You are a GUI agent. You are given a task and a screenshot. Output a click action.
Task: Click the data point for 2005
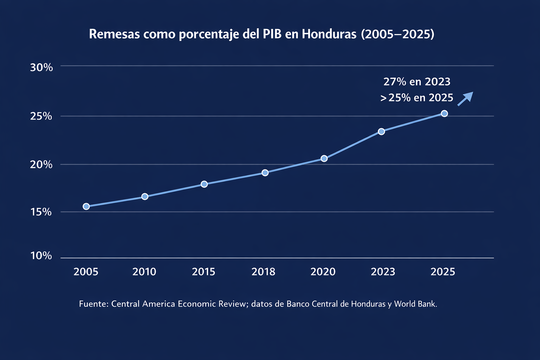coord(86,206)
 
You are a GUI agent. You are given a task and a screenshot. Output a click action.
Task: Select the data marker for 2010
coord(145,197)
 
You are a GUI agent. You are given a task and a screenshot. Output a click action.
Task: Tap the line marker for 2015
coord(204,184)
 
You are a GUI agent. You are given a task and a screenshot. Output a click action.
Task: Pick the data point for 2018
coord(265,173)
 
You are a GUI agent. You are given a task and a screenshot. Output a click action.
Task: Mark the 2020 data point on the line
coord(324,159)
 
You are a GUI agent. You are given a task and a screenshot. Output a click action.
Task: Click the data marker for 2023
coord(381,131)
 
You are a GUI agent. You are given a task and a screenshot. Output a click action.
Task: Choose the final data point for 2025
coord(444,114)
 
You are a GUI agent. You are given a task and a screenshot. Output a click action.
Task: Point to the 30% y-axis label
coord(41,67)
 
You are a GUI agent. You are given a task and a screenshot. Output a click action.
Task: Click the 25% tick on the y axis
coord(41,116)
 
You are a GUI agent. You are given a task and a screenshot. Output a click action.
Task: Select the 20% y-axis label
coord(41,165)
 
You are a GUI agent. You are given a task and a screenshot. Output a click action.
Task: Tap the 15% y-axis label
coord(41,212)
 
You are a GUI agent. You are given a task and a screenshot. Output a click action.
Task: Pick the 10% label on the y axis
coord(41,256)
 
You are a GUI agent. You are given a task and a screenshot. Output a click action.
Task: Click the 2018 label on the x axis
coord(264,272)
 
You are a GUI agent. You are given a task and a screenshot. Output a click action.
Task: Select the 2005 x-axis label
coord(86,272)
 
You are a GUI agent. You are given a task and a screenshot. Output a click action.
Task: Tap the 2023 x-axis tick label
coord(383,272)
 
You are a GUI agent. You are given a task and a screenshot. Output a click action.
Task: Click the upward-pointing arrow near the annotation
coord(465,98)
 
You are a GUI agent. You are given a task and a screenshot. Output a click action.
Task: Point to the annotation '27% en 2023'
coord(417,82)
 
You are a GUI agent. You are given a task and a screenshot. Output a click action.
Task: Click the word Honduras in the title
coord(329,34)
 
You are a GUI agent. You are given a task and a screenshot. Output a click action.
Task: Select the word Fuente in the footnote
coord(93,304)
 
